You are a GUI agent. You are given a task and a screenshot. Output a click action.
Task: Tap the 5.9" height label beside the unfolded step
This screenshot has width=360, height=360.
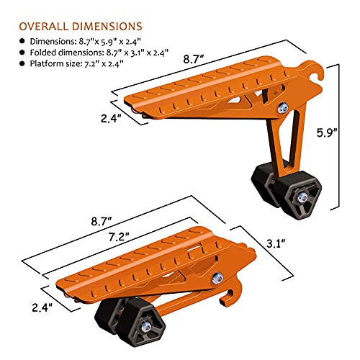(339, 133)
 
